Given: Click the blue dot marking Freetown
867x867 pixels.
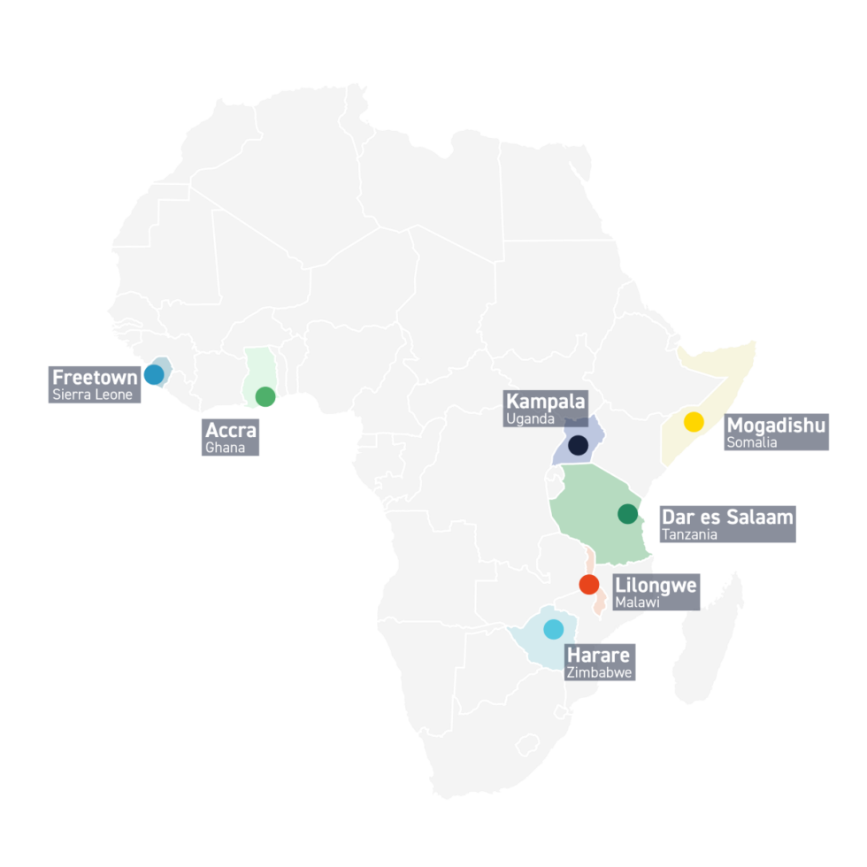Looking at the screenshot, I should tap(154, 374).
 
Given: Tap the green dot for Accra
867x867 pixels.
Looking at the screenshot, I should tap(265, 396).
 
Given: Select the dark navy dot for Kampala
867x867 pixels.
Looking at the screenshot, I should tap(579, 446).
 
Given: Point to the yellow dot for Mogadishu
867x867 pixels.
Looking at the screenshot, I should tap(694, 421).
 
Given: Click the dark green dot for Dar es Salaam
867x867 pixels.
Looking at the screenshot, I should tap(627, 513).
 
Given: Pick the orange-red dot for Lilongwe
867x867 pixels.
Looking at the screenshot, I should tap(588, 584).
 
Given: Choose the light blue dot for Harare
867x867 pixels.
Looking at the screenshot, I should tap(553, 629).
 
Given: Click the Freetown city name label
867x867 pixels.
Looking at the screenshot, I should tap(95, 378).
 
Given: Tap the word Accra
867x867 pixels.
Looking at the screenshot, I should tap(231, 431).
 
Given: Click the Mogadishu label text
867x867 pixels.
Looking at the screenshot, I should tap(776, 426).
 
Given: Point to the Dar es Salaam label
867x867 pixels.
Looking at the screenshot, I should tap(727, 517).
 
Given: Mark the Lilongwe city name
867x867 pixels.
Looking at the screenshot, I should tap(656, 586).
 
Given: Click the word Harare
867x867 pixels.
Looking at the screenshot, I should tap(599, 656).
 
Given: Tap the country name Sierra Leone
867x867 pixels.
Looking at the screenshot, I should tap(93, 395).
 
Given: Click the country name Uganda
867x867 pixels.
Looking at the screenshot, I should tap(530, 418).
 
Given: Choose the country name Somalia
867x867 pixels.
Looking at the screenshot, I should tap(752, 442).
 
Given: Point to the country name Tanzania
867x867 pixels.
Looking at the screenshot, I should tap(689, 534).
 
